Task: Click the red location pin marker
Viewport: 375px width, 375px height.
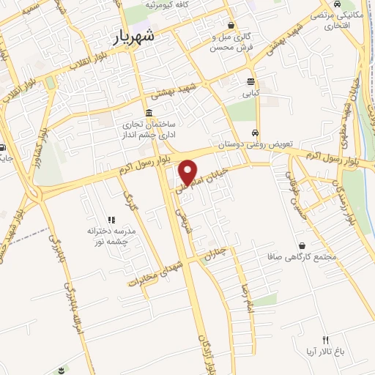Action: [x=190, y=171]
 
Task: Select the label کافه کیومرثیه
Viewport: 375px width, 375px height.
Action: [x=171, y=4]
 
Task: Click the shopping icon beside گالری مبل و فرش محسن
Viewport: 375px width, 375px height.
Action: [x=231, y=24]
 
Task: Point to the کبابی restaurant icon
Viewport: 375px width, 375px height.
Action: [x=251, y=82]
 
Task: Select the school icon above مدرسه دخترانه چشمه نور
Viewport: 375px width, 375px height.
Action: [x=111, y=219]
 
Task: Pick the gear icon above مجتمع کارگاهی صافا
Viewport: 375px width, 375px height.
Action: [x=302, y=245]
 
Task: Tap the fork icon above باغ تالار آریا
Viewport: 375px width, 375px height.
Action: [x=325, y=339]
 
